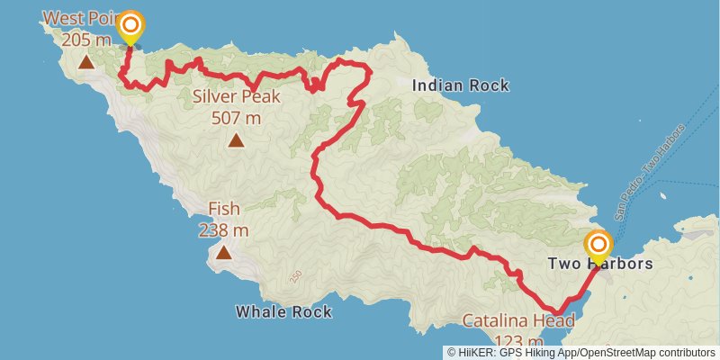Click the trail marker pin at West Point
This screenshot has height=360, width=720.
point(130,26)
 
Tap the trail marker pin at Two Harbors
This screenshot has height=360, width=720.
point(598,246)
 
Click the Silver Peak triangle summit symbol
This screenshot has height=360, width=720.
point(236,139)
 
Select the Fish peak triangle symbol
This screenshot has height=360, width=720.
point(223,253)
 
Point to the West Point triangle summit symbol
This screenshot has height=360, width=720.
point(85,62)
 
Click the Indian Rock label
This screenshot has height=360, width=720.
point(460,85)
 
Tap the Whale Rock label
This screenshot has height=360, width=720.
point(283,312)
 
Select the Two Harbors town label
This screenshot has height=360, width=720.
point(599,265)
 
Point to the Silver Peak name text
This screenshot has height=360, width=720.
point(236,97)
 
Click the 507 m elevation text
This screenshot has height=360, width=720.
point(236,117)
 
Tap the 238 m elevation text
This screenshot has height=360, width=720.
point(223,230)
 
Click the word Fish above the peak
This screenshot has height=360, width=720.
point(223,210)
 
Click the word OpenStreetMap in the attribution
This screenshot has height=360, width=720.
point(621,353)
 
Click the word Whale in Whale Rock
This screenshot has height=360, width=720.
point(261,312)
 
